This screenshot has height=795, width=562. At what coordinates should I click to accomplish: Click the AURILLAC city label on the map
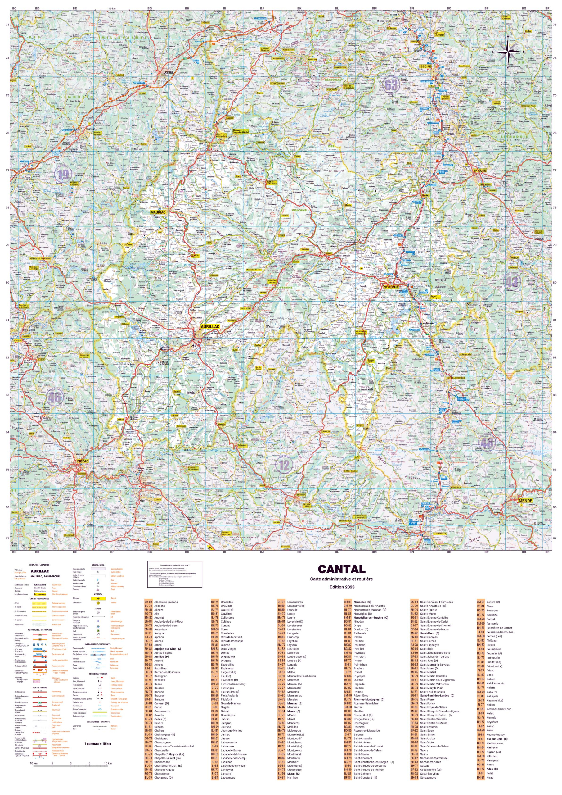(x=210, y=326)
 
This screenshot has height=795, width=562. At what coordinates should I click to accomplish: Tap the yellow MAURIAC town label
(x=158, y=212)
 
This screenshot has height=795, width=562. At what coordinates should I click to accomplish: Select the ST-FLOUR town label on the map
(x=391, y=287)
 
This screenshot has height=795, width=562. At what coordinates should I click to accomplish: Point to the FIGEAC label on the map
(x=83, y=461)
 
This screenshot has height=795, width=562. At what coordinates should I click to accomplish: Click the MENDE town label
(x=525, y=500)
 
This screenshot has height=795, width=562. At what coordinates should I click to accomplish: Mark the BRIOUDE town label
(x=480, y=170)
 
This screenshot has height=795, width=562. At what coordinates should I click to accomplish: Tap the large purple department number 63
(x=391, y=85)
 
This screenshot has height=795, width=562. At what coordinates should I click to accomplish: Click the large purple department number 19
(x=63, y=174)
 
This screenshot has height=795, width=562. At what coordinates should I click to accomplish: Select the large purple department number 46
(x=54, y=397)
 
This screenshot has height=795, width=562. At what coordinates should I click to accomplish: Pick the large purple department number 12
(x=284, y=465)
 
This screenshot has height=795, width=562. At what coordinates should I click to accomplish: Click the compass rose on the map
(x=508, y=52)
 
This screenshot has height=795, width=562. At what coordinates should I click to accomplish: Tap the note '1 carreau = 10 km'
(x=97, y=743)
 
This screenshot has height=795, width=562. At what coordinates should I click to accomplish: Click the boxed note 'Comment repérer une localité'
(x=174, y=574)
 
